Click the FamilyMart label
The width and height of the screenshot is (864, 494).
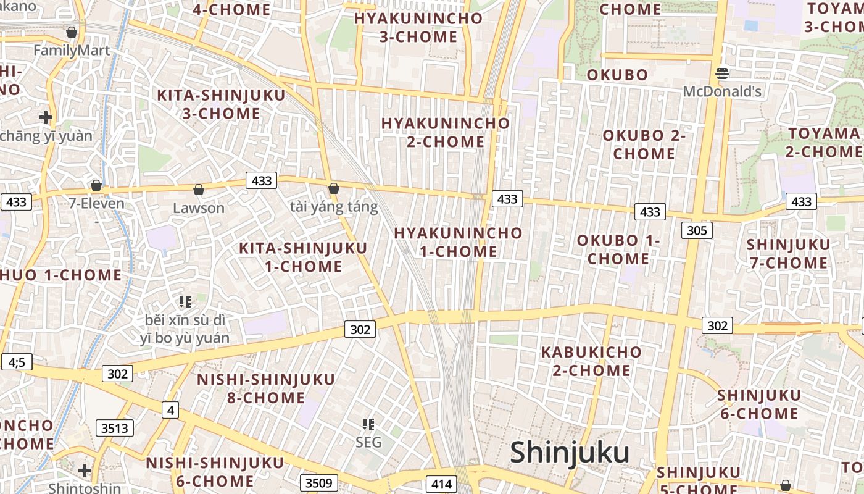[x=72, y=50]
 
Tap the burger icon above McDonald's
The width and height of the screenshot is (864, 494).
[x=722, y=74]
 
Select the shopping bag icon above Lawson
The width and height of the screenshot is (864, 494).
[x=199, y=190]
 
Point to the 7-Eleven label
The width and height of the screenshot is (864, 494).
[x=96, y=203]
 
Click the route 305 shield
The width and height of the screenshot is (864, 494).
[x=697, y=230]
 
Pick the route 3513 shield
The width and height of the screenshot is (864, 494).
[x=115, y=427]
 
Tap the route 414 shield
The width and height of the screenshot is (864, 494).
[x=442, y=484]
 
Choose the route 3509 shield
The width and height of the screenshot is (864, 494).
[x=318, y=483]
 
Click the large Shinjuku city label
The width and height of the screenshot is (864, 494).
[x=570, y=453]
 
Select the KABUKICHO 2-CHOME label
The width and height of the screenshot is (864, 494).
[x=591, y=361]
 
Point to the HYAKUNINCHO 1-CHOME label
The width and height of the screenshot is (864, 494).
[x=458, y=242]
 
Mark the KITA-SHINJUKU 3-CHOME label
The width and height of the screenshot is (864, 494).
[x=221, y=104]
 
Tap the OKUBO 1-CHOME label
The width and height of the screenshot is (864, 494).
[x=618, y=249]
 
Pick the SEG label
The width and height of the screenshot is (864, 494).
[x=368, y=442]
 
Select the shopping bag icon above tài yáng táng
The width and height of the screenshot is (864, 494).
[x=334, y=188]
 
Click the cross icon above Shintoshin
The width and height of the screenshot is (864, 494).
[x=85, y=471]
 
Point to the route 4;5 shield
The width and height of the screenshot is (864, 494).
[x=17, y=362]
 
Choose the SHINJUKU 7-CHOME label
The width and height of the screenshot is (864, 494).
[x=788, y=254]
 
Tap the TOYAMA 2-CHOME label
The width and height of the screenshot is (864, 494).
[x=823, y=143]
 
